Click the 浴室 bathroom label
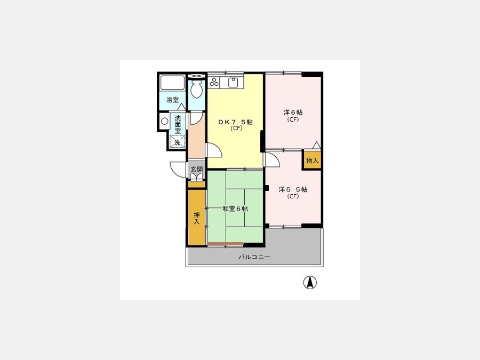(172, 100)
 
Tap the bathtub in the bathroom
(172, 82)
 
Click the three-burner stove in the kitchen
(214, 82)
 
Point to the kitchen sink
(233, 82)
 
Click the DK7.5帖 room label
(235, 122)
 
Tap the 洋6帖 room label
(293, 113)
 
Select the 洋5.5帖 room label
(293, 189)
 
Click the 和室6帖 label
(235, 209)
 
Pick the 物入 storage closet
(312, 160)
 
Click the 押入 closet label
(196, 218)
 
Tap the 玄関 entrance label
(196, 169)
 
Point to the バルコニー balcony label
(254, 257)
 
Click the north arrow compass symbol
(310, 282)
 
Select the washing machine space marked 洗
(178, 142)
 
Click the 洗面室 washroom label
(178, 125)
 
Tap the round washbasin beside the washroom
(165, 121)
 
